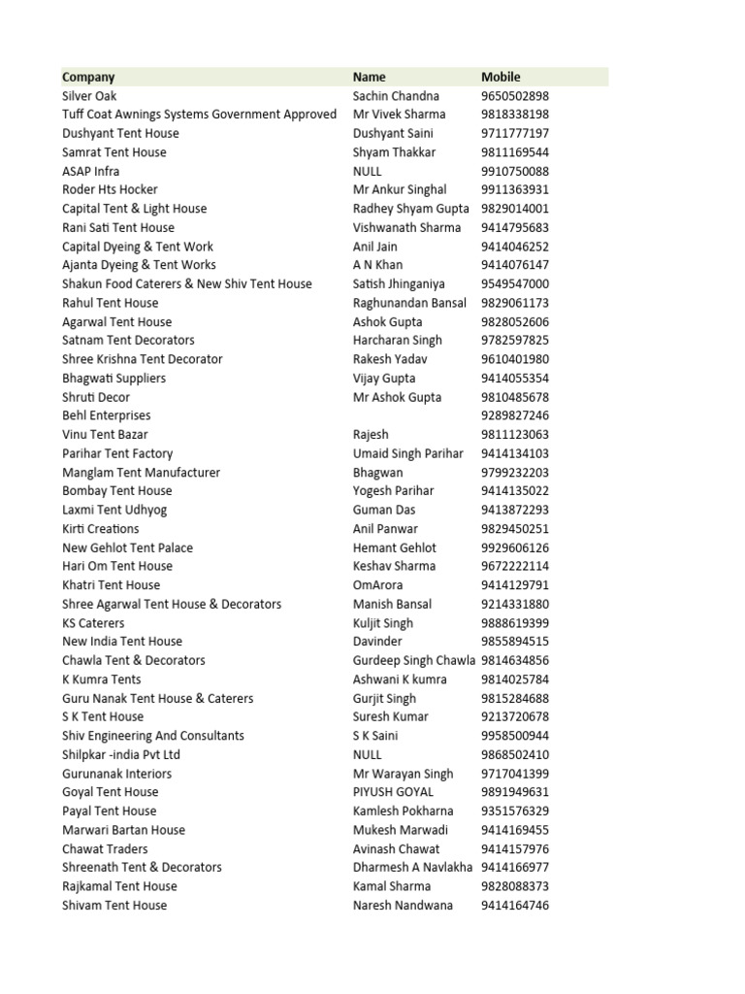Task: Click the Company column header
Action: [x=88, y=77]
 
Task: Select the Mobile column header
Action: [x=501, y=77]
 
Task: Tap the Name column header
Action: [x=369, y=77]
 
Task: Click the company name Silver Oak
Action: [x=89, y=96]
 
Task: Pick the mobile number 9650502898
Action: [x=514, y=96]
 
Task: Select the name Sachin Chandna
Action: [x=396, y=96]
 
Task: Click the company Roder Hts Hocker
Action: [x=110, y=190]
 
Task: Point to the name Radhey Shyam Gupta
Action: [x=410, y=209]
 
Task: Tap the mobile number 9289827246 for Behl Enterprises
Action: [x=514, y=415]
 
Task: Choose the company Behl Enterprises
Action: [x=107, y=415]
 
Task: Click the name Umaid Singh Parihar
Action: [x=408, y=453]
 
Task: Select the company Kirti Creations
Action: [x=101, y=529]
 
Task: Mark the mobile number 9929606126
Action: [x=514, y=547]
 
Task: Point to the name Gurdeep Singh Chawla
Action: [x=414, y=660]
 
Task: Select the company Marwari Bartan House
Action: [x=123, y=830]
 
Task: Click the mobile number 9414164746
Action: [x=514, y=906]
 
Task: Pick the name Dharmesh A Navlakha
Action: [x=413, y=868]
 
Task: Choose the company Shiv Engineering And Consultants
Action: [x=153, y=736]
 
